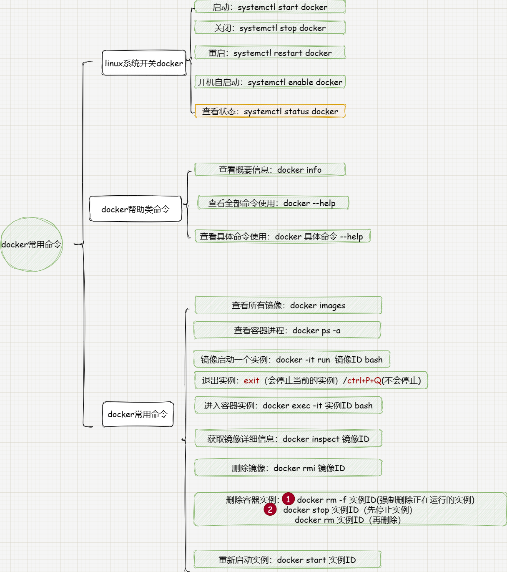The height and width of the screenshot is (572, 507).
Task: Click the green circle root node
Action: click(31, 244)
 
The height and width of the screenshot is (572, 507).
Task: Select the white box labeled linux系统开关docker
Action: click(144, 63)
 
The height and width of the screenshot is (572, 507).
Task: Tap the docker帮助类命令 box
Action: click(136, 209)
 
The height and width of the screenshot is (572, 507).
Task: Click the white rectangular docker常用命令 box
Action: click(138, 414)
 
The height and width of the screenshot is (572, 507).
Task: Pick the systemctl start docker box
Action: click(270, 7)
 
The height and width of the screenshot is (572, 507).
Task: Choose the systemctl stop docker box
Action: click(270, 28)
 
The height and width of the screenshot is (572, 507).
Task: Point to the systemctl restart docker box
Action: click(270, 53)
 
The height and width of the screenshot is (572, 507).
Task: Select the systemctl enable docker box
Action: click(270, 82)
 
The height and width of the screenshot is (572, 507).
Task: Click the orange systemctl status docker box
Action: click(270, 111)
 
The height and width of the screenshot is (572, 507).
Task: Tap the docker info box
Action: click(270, 170)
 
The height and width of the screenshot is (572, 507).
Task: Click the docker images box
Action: click(288, 305)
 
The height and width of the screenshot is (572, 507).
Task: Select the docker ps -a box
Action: click(287, 330)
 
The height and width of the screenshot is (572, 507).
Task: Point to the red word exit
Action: click(251, 380)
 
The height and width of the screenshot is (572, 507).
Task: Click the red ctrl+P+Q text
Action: click(364, 380)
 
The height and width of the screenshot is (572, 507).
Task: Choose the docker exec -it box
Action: click(288, 406)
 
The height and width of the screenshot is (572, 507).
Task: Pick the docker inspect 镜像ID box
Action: click(288, 439)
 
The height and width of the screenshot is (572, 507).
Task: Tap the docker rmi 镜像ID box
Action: click(288, 468)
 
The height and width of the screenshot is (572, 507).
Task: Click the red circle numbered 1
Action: click(288, 499)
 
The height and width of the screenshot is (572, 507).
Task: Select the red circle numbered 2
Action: click(270, 509)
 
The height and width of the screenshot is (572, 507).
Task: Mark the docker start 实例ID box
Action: click(287, 560)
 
